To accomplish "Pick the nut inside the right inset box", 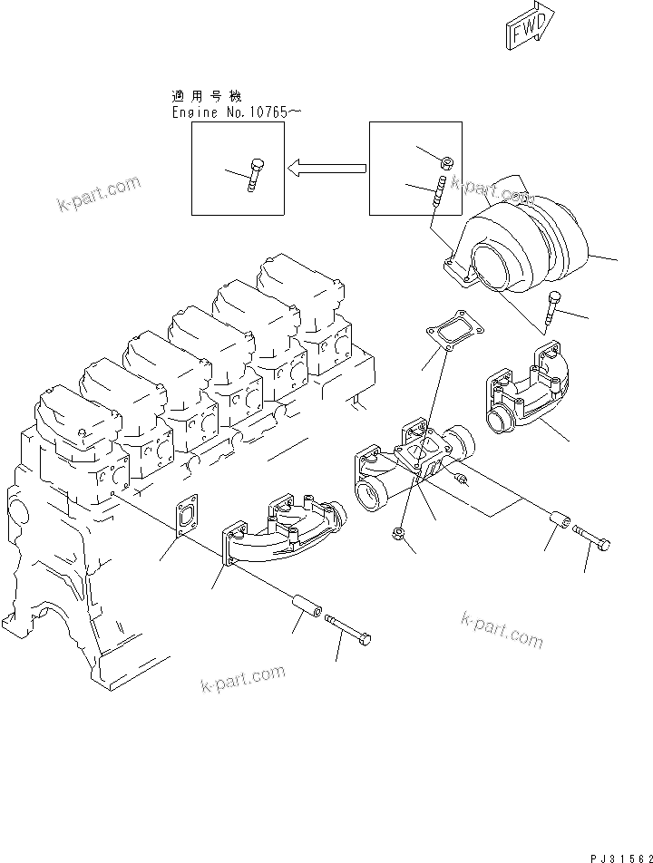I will pos(446,162).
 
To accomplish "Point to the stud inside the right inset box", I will pos(438,195).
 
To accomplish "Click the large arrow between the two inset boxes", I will pos(326,168).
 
